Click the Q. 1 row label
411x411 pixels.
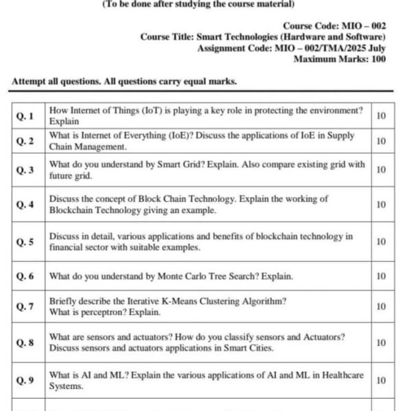pyautogui.click(x=25, y=116)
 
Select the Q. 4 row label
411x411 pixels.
pyautogui.click(x=25, y=205)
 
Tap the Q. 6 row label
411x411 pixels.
pyautogui.click(x=25, y=277)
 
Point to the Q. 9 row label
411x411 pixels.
pyautogui.click(x=25, y=380)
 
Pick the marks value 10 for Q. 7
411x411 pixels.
pyautogui.click(x=381, y=307)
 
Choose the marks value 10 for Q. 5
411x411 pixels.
pyautogui.click(x=381, y=242)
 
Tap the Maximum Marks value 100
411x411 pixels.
pyautogui.click(x=375, y=59)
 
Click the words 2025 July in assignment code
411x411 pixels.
pyautogui.click(x=362, y=48)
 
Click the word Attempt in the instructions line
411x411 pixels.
pyautogui.click(x=29, y=82)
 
